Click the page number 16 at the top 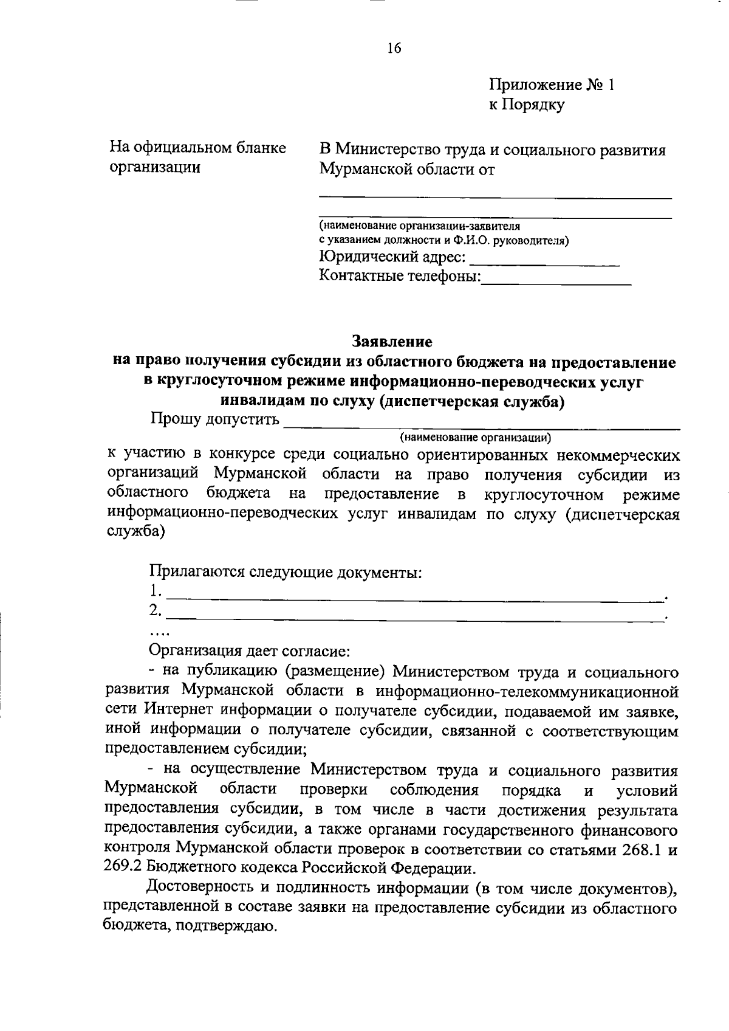(394, 49)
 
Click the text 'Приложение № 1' (552, 85)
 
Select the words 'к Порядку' (527, 105)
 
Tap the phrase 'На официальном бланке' (197, 148)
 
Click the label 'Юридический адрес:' (392, 258)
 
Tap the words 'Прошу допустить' (215, 419)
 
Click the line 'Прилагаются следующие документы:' (286, 573)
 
